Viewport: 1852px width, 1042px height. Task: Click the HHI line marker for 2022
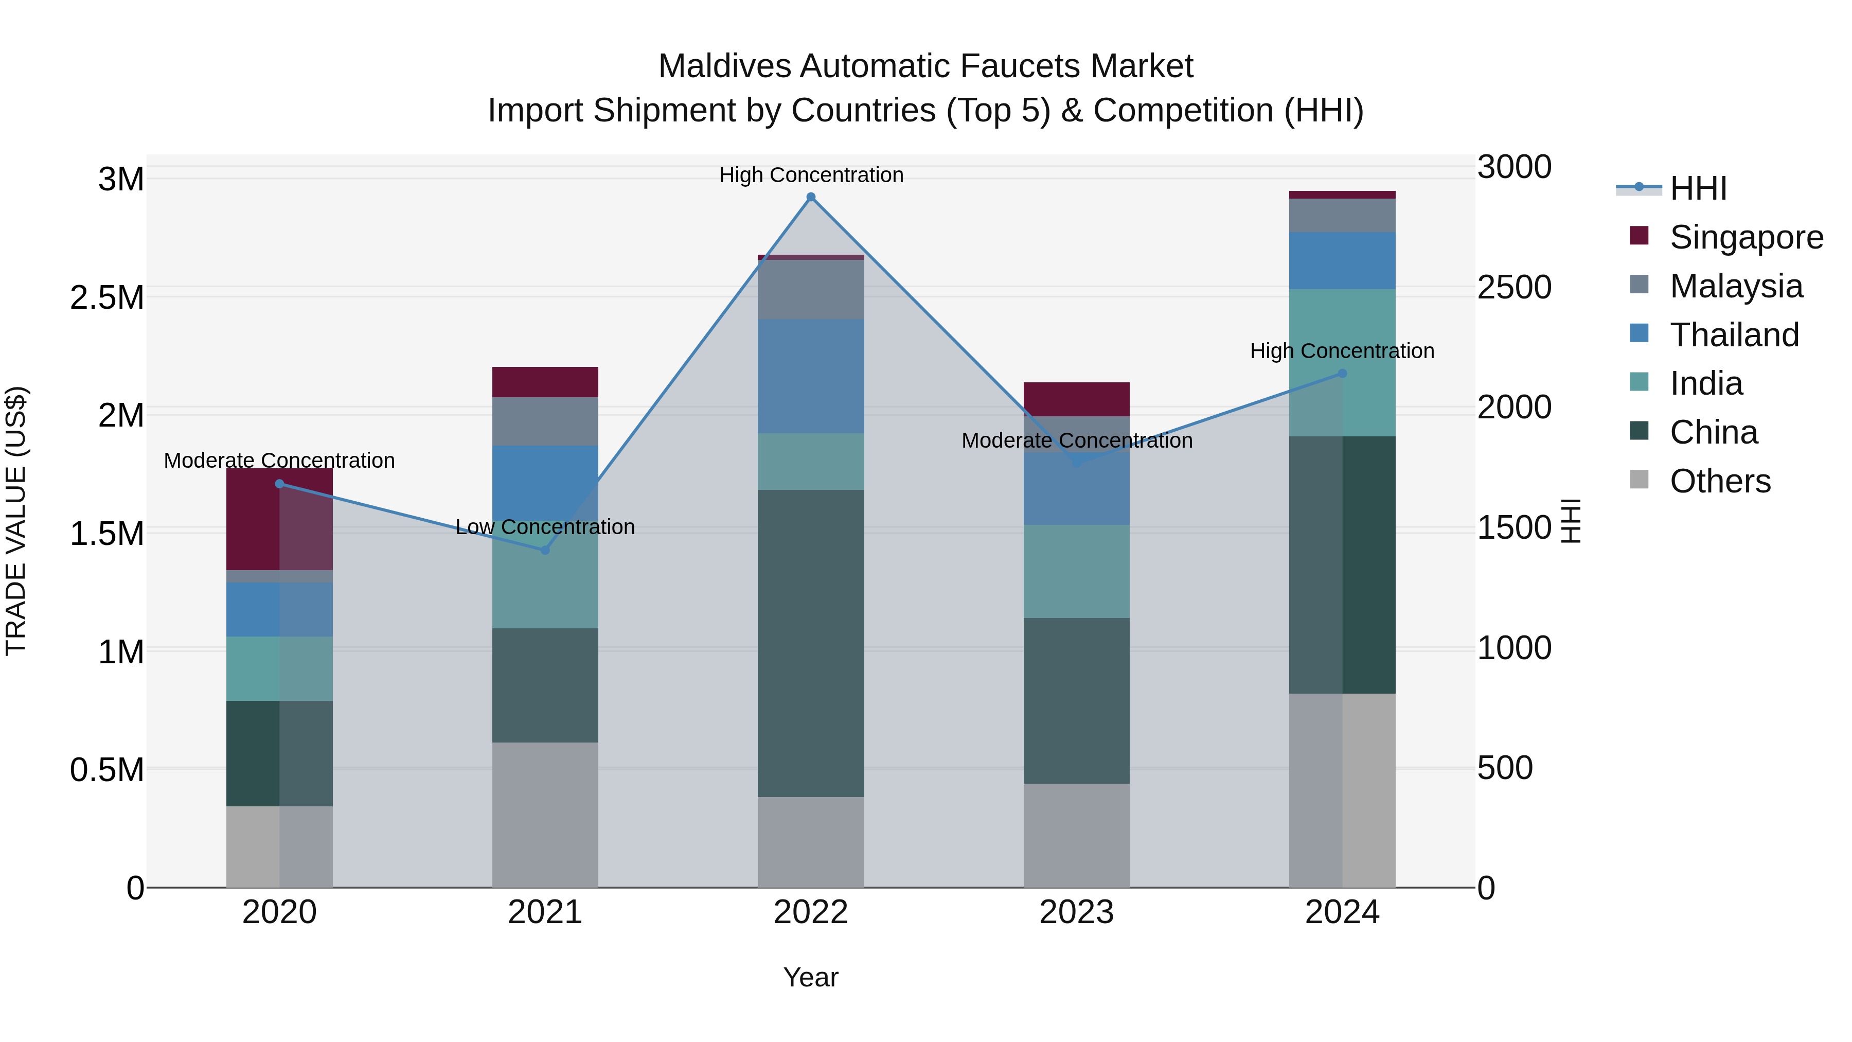tap(811, 197)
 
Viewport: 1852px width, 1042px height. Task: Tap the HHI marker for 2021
tap(545, 550)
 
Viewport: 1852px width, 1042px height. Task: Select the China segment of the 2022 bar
tap(811, 644)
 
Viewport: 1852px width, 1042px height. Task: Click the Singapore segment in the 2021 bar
tap(545, 382)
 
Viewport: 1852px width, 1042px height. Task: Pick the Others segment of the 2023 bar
tap(1076, 836)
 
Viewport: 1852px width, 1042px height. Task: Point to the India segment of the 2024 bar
tap(1342, 363)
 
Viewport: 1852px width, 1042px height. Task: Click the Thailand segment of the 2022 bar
tap(811, 376)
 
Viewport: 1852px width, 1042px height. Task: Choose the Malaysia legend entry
tap(1736, 286)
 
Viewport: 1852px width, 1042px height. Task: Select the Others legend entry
tap(1720, 481)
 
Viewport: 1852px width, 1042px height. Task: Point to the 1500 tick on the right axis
tap(1514, 528)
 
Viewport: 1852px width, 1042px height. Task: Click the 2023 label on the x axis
tap(1076, 912)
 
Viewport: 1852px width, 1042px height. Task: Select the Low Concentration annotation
tap(545, 527)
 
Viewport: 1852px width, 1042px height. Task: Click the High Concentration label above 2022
tap(811, 175)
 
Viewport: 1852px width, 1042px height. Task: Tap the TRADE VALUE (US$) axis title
tap(16, 521)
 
